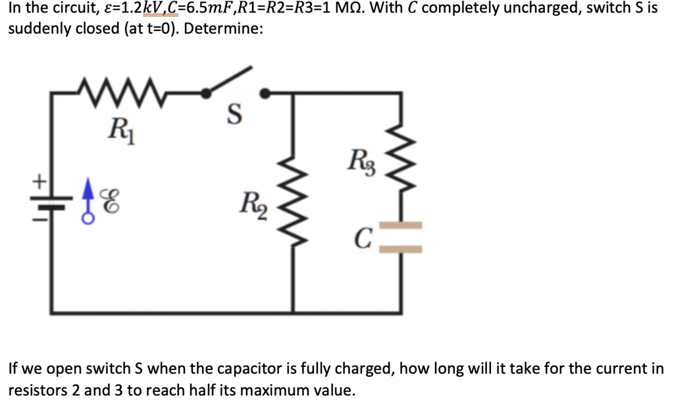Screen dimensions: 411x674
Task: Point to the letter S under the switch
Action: (233, 117)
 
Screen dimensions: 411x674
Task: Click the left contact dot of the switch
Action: (207, 94)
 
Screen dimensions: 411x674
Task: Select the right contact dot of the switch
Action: (265, 94)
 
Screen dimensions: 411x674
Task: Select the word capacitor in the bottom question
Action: (287, 368)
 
